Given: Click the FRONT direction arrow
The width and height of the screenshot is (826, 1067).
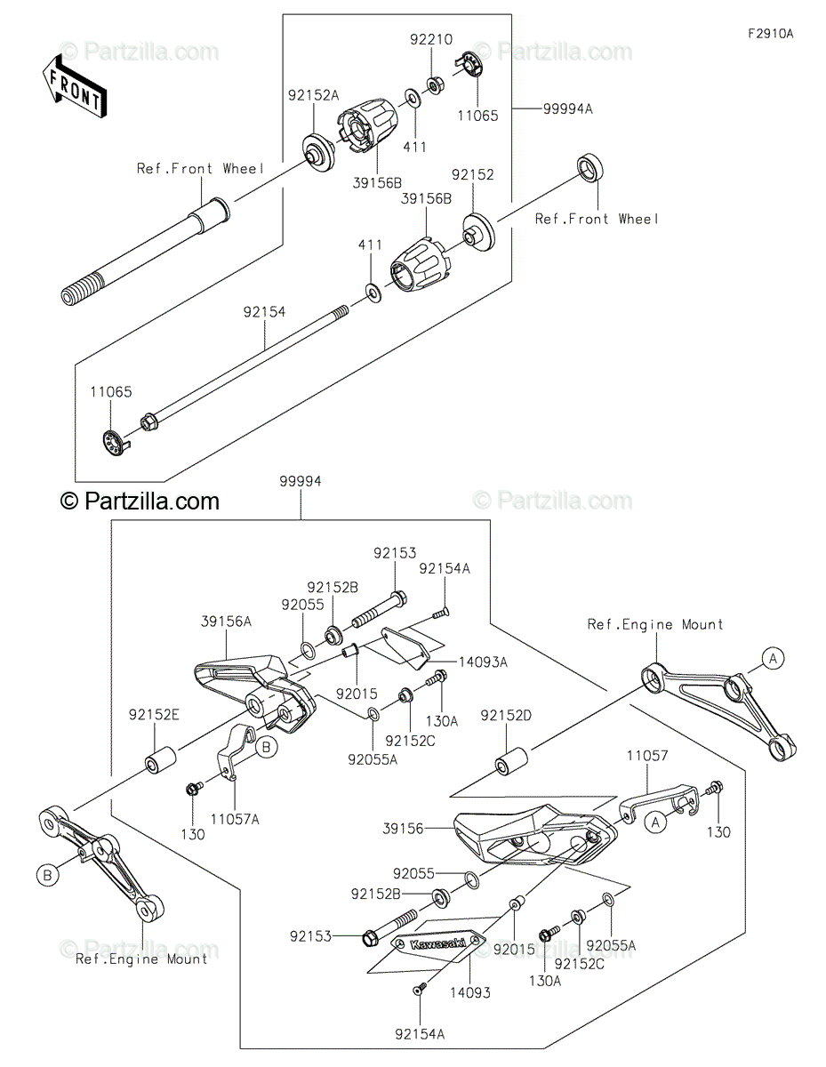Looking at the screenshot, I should (76, 86).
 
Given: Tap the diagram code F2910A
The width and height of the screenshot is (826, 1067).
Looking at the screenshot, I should (769, 34).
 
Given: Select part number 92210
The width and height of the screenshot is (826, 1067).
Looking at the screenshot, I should (431, 40).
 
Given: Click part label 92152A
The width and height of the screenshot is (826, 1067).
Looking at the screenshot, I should (312, 93).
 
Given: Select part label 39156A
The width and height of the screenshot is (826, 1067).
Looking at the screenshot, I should (226, 622).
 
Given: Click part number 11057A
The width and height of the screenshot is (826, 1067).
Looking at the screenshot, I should (235, 819).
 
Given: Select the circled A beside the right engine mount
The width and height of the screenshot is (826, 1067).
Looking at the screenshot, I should (773, 658).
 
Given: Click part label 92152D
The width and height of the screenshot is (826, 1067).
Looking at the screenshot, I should (507, 715).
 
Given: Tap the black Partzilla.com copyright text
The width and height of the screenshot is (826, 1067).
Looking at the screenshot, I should (140, 502).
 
